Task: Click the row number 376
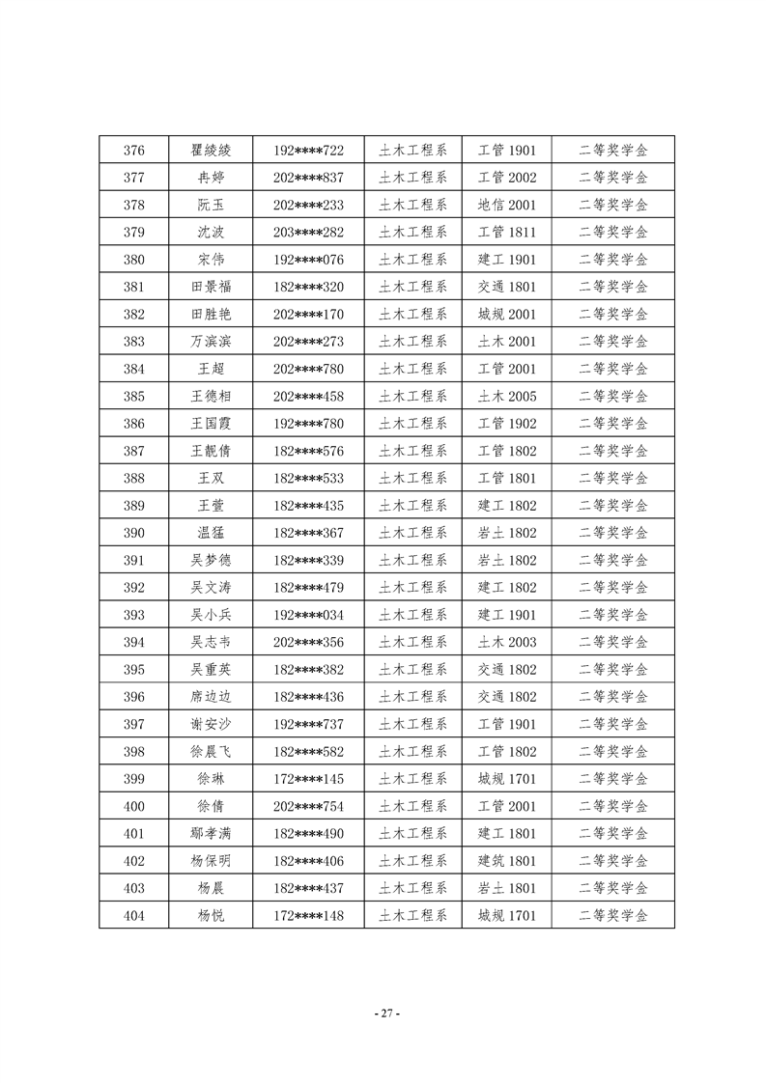click(x=134, y=151)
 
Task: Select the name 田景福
click(x=211, y=287)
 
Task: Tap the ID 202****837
click(x=308, y=178)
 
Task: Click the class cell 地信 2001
click(x=507, y=205)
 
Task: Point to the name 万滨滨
click(x=211, y=342)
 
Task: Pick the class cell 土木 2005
click(x=507, y=396)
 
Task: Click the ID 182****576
click(x=308, y=451)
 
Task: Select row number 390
click(x=134, y=533)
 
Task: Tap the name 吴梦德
click(x=211, y=560)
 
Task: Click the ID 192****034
click(x=308, y=615)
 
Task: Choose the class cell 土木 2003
click(x=507, y=642)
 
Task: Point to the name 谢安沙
click(x=211, y=724)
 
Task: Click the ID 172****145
click(x=308, y=779)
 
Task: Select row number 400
click(x=134, y=806)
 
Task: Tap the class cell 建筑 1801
click(x=507, y=861)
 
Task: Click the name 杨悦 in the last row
click(x=211, y=915)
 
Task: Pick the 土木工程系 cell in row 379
click(x=412, y=233)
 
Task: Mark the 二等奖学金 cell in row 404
click(x=613, y=915)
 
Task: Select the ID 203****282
click(x=308, y=233)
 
